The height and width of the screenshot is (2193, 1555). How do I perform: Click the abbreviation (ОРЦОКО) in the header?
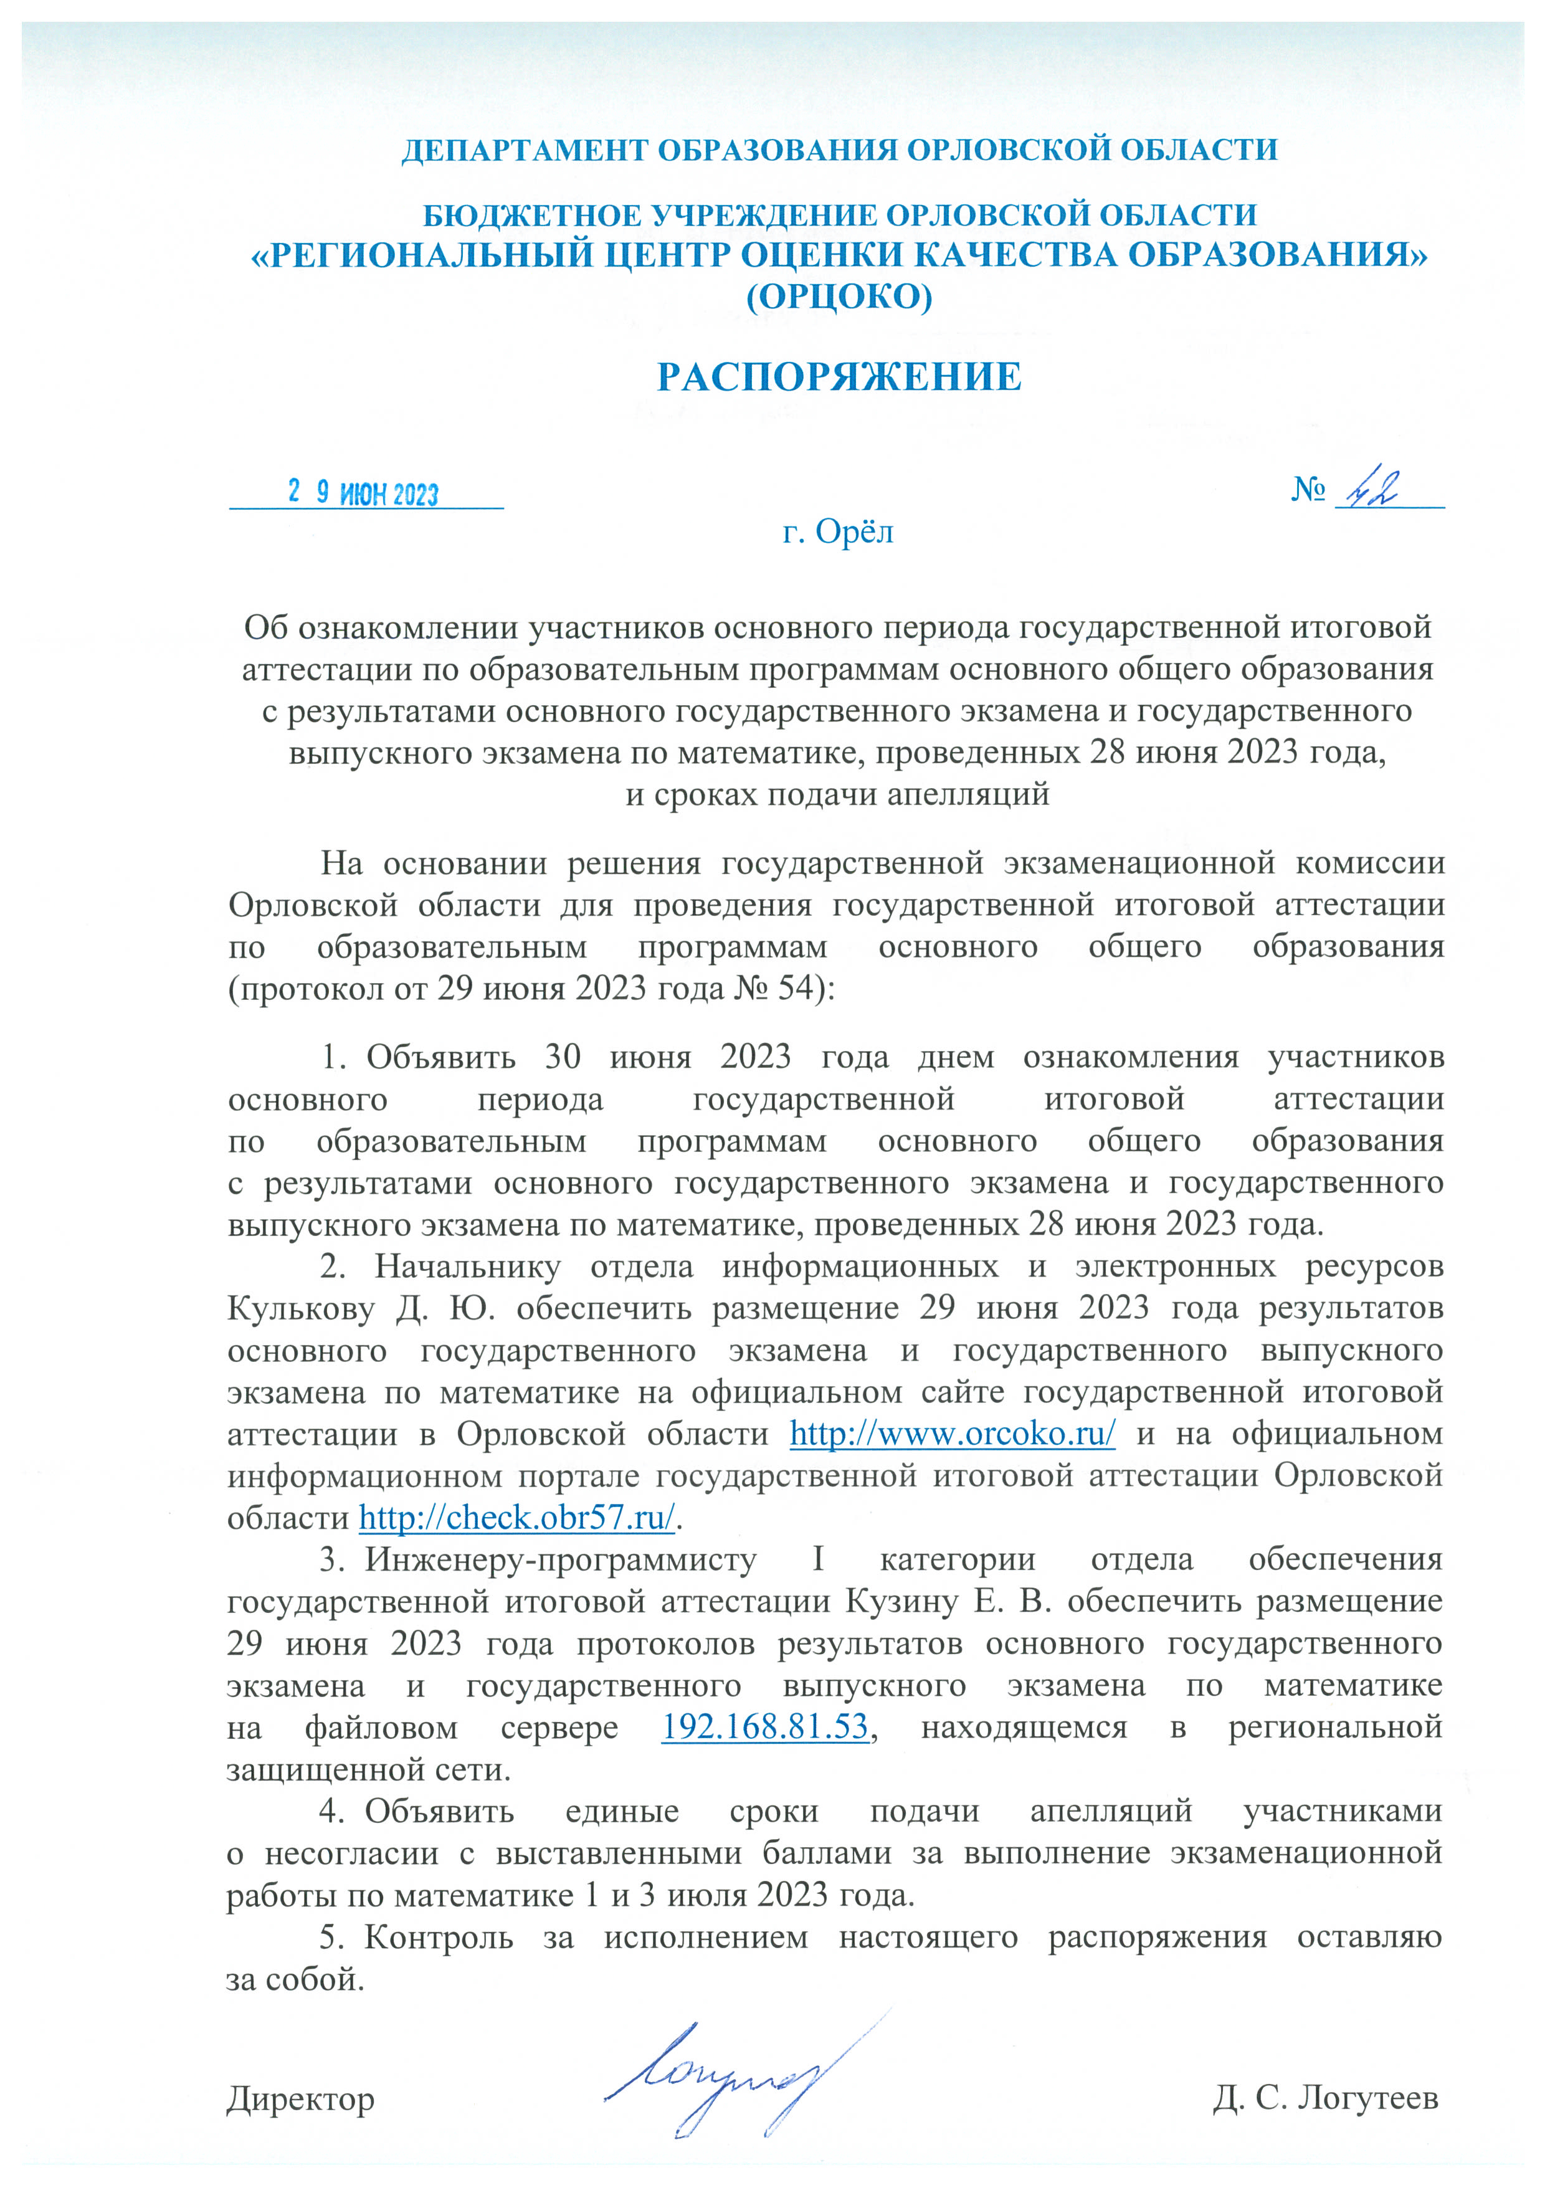click(x=839, y=298)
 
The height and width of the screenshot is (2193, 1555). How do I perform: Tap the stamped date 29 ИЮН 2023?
click(x=364, y=493)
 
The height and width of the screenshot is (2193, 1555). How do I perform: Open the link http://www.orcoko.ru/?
click(x=952, y=1434)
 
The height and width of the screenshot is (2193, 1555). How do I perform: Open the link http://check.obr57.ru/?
click(x=517, y=1517)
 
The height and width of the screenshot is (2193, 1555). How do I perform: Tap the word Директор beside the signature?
click(x=301, y=2099)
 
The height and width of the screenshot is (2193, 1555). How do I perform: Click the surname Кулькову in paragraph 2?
click(x=301, y=1308)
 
